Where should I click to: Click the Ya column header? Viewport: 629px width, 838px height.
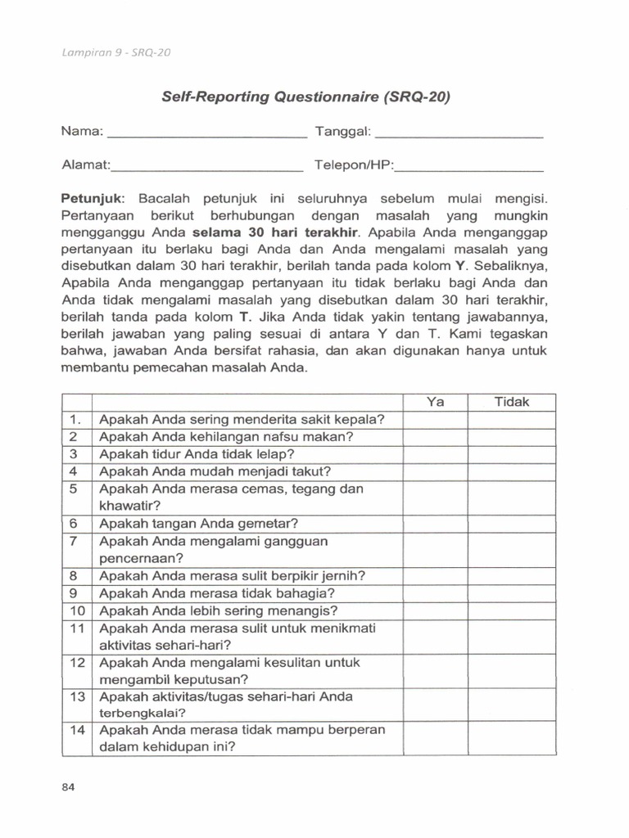[x=435, y=402]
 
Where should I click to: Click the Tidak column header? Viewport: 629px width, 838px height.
[x=512, y=402]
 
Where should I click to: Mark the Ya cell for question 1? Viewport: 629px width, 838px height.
[x=435, y=420]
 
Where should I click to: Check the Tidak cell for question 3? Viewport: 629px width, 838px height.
[x=512, y=454]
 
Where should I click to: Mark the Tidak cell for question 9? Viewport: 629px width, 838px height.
[x=512, y=592]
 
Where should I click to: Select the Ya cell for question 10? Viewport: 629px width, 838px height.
[x=435, y=610]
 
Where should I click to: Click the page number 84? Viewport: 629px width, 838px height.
[x=69, y=787]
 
